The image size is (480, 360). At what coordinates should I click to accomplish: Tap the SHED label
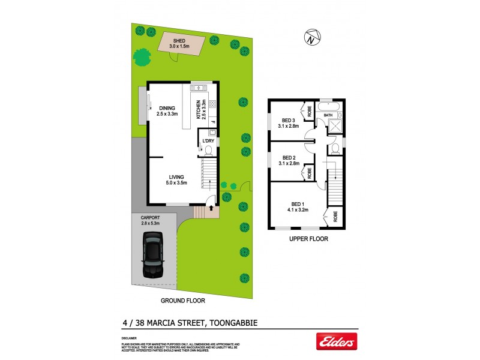179,40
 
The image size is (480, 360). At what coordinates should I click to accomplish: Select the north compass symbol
311,39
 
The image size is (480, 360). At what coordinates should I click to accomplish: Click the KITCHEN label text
197,110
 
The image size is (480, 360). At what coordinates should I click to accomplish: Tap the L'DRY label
208,141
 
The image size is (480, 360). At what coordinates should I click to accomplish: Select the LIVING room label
176,176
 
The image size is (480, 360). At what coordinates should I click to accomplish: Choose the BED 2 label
290,158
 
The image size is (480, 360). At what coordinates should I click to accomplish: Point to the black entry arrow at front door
209,207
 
